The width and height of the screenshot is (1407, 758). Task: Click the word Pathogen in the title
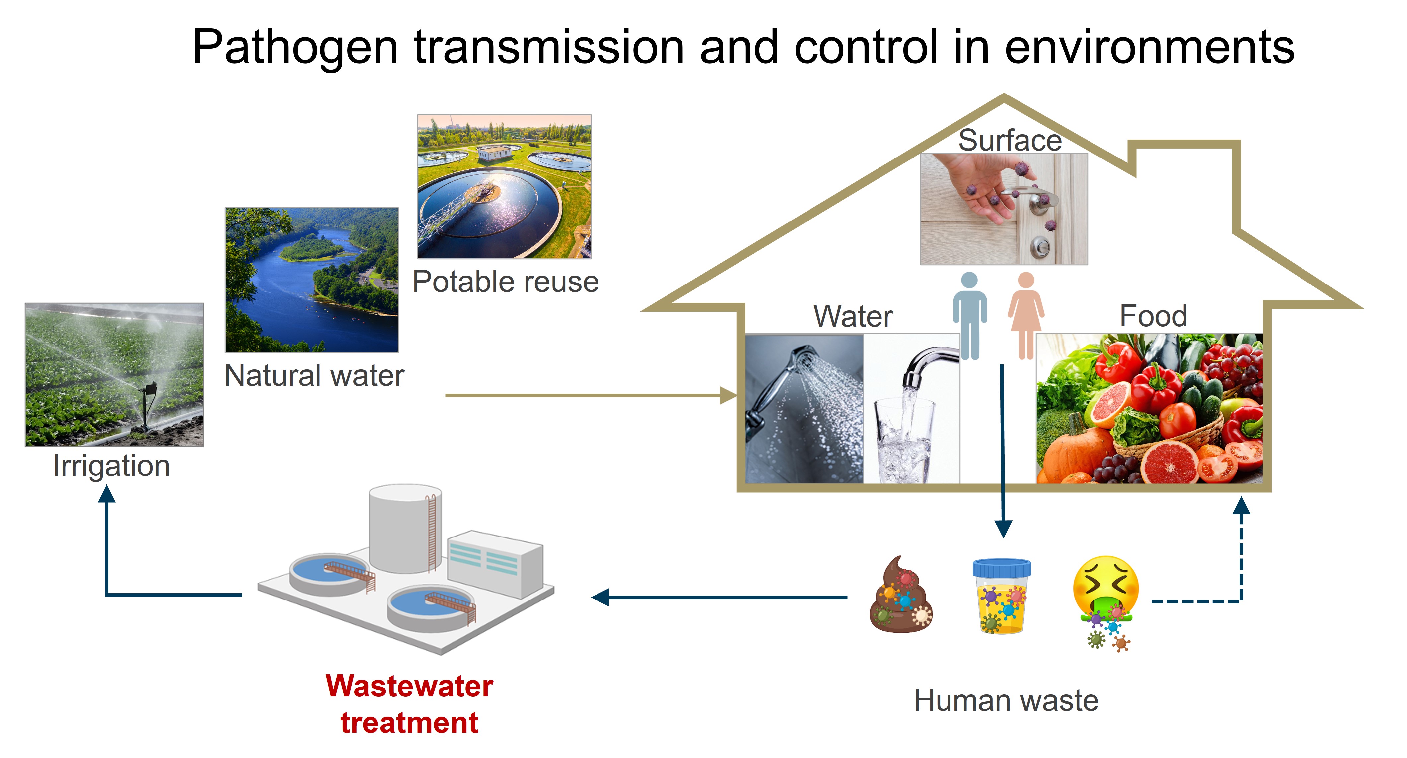pyautogui.click(x=295, y=48)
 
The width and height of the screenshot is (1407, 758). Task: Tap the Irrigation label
pyautogui.click(x=111, y=466)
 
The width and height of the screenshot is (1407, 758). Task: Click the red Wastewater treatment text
pyautogui.click(x=409, y=704)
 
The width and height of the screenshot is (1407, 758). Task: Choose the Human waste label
pyautogui.click(x=1006, y=700)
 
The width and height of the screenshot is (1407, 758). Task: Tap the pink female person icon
pyautogui.click(x=1026, y=315)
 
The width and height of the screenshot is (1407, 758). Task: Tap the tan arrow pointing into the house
pyautogui.click(x=590, y=395)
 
